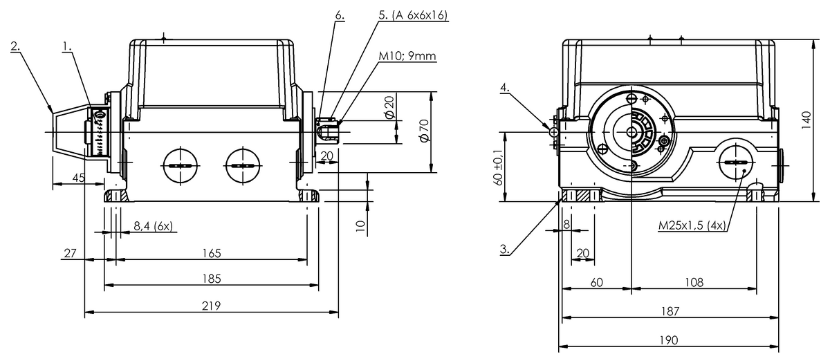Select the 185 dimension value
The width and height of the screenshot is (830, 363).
(212, 279)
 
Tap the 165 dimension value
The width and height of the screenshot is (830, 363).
(212, 254)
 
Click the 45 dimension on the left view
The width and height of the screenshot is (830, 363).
(78, 178)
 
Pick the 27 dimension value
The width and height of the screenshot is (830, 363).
(69, 254)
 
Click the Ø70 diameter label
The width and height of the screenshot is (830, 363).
(424, 131)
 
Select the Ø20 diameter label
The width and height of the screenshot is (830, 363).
(389, 106)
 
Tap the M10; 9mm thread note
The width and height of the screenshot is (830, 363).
(407, 56)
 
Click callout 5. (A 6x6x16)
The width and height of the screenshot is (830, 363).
(414, 14)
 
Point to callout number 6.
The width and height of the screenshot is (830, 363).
(339, 14)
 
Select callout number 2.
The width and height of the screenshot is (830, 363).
(15, 47)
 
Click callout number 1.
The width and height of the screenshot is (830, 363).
(67, 47)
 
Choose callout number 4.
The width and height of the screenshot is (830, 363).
(505, 88)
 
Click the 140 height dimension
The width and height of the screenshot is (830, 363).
(806, 120)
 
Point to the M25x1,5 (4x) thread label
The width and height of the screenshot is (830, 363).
(692, 225)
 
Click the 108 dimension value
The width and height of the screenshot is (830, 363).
(694, 282)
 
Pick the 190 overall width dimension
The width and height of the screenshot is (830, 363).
(668, 339)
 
